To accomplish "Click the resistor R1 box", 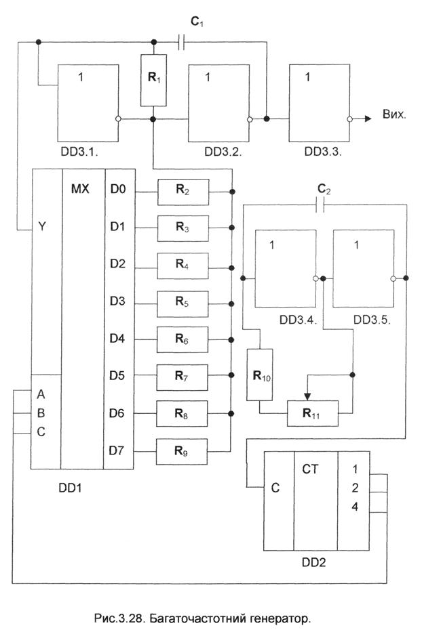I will click(x=153, y=81).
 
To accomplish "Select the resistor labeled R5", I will click(x=183, y=303).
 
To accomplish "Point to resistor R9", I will click(x=183, y=451).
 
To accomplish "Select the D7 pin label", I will click(x=119, y=450).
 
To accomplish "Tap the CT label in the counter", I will click(x=311, y=469).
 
